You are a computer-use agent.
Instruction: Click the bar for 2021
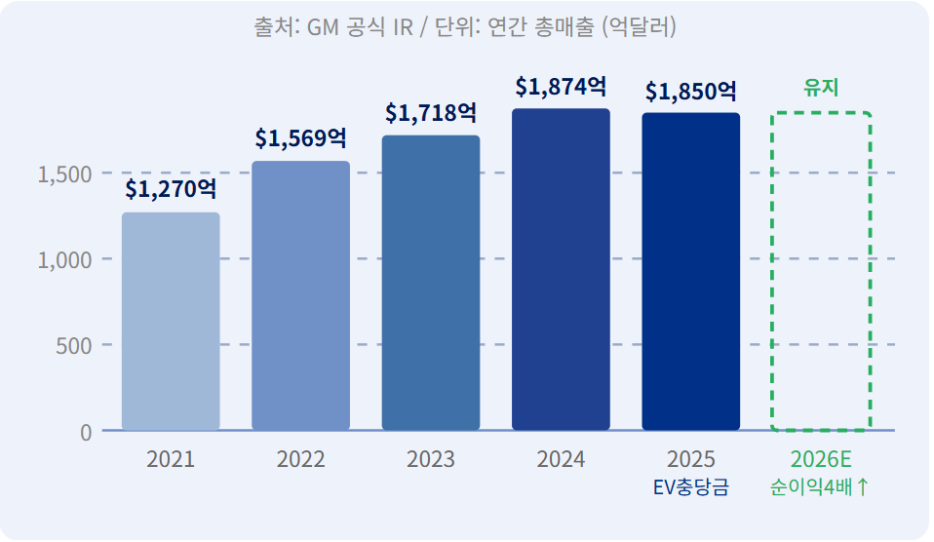pos(171,321)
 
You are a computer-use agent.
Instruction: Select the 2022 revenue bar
pos(301,295)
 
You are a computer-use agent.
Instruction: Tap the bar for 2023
pos(431,283)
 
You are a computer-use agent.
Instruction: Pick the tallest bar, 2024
pos(562,269)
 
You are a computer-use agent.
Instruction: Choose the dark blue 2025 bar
pos(691,271)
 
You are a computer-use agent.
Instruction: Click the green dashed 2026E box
pos(772,271)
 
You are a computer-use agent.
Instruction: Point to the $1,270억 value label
pos(171,189)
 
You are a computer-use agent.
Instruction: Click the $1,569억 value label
pos(301,138)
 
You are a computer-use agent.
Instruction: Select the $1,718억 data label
pos(431,112)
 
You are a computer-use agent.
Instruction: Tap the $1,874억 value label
pos(562,87)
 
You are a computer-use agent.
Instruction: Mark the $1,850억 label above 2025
pos(691,91)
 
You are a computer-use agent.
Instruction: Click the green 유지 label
pos(821,88)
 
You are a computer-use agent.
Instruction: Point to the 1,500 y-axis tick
pos(65,174)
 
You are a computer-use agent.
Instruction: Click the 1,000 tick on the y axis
pos(65,260)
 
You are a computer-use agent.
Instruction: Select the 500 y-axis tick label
pos(74,346)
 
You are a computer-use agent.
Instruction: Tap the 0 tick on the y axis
pos(87,433)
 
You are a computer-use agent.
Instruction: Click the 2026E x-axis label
pos(821,459)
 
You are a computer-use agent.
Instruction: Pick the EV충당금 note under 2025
pos(691,487)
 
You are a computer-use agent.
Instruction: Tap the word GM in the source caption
pos(323,27)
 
